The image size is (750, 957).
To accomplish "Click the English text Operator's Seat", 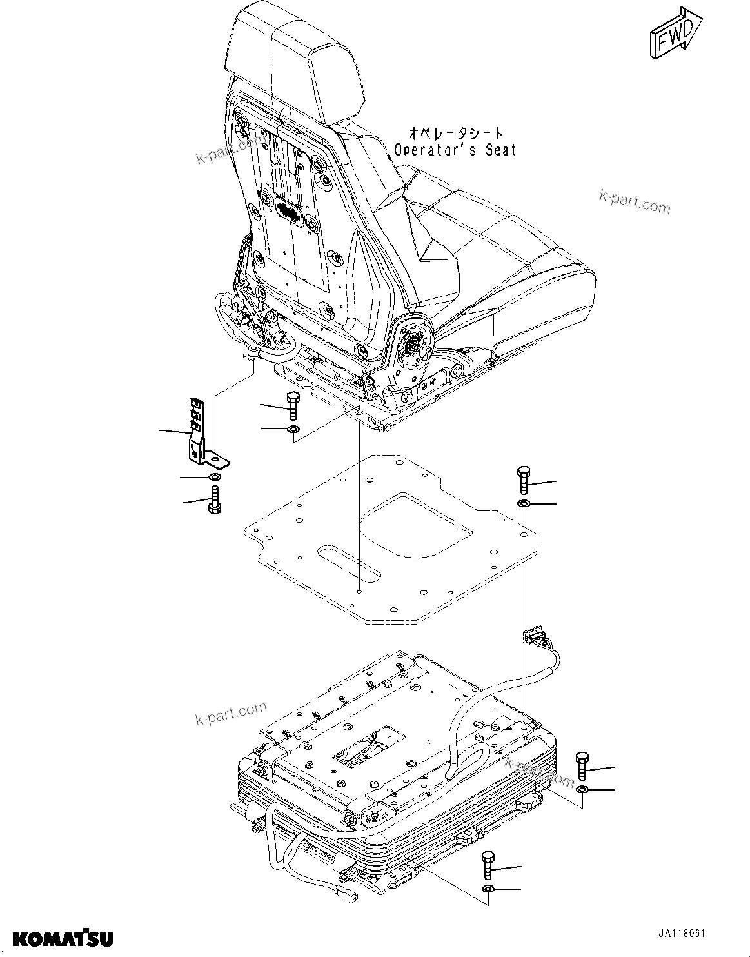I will click(455, 150).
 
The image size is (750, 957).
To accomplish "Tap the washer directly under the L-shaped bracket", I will click(214, 477).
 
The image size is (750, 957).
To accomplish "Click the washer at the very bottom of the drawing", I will click(488, 891).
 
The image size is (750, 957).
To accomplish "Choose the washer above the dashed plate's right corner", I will click(524, 503).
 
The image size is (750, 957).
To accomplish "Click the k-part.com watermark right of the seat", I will click(635, 202).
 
